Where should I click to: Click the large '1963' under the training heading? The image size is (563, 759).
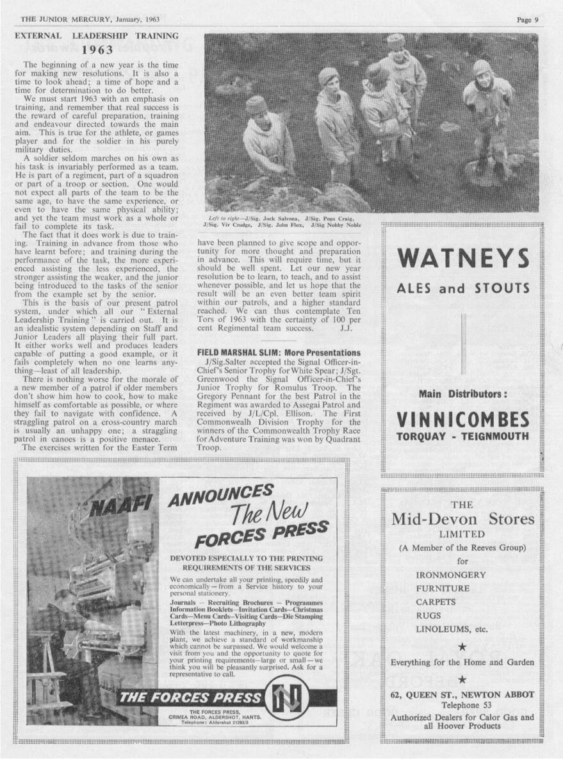tap(97, 49)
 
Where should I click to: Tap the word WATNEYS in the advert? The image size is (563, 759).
tap(464, 258)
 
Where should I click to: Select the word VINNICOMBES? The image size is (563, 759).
tap(463, 420)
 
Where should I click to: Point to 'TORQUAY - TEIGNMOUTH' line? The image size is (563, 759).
tap(462, 437)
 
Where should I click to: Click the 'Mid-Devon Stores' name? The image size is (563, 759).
tap(462, 519)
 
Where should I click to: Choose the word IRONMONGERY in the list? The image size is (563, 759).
tap(451, 575)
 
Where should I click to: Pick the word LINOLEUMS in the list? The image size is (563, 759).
tap(443, 629)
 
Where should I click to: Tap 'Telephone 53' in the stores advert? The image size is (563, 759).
tap(462, 705)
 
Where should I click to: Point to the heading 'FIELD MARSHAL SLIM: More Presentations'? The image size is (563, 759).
tap(279, 353)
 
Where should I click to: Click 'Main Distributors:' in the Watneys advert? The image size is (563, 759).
tap(462, 393)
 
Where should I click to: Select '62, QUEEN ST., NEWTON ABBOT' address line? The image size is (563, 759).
tap(462, 694)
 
